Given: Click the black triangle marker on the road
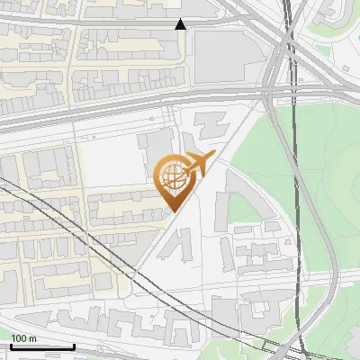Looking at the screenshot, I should [x=181, y=24].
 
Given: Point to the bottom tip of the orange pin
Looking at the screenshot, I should [x=172, y=211].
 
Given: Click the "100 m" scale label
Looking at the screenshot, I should [x=23, y=338].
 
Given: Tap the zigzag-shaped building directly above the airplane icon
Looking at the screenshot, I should [x=209, y=122].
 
